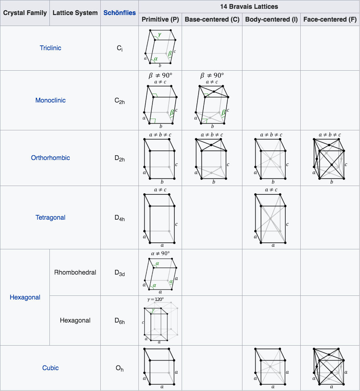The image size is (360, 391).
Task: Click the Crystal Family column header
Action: coord(25,13)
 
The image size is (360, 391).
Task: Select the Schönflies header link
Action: coord(119,13)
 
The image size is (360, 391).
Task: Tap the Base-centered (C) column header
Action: coord(212,19)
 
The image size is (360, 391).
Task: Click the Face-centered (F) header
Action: coord(330,19)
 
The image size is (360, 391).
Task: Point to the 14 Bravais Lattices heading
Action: coord(249,7)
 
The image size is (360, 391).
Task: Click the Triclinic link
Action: coord(51,48)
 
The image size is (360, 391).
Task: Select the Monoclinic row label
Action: coord(51,100)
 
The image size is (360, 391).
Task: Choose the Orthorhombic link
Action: coord(51,158)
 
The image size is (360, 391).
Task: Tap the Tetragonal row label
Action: coord(51,217)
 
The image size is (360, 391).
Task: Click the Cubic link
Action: coord(51,368)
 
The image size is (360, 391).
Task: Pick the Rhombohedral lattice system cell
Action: coord(75,272)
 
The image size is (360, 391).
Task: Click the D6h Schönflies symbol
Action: coord(119,321)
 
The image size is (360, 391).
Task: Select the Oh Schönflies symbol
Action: coord(119,368)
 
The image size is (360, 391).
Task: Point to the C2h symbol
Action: coord(119,101)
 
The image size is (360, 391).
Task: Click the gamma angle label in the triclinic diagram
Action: coord(159,35)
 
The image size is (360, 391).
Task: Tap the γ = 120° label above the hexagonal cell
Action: coord(155,299)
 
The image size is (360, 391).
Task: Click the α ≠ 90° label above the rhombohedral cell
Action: coord(160,253)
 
